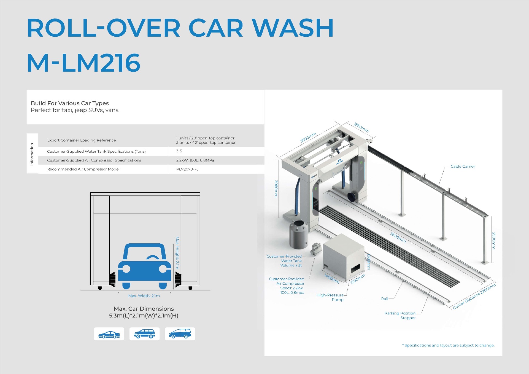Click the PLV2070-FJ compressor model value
(187, 169)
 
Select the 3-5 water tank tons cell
(179, 151)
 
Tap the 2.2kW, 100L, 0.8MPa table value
(195, 160)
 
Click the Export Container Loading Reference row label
(82, 140)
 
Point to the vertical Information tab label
(32, 154)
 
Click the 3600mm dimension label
(308, 137)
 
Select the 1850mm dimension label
(361, 127)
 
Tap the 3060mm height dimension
(276, 189)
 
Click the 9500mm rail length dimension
(398, 237)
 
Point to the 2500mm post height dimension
(494, 241)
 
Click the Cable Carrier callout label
(463, 166)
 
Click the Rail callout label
(385, 299)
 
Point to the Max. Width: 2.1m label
(144, 296)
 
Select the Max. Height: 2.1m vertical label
(177, 253)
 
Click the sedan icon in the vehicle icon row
(109, 334)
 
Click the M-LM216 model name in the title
(84, 63)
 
